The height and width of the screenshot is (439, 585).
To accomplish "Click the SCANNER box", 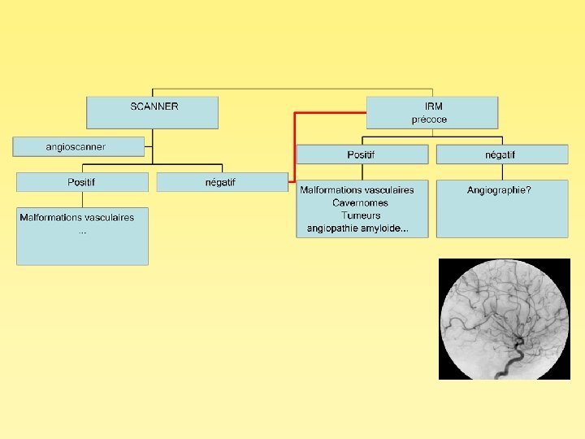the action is coord(153,112).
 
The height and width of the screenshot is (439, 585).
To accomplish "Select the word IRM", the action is coord(433,106).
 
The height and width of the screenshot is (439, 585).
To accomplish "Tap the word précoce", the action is coord(429,120).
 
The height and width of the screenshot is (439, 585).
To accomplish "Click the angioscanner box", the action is coord(78,147).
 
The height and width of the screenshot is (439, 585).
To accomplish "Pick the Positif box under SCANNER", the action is coord(82,182).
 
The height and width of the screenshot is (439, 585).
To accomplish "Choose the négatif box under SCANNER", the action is coord(221,182).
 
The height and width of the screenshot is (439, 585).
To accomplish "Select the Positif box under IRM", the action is coord(362,154).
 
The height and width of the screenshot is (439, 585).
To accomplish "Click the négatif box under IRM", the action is coord(501,154).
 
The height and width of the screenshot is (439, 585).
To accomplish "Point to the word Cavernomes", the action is coord(360,202).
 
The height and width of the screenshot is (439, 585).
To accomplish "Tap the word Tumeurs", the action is coord(361,215).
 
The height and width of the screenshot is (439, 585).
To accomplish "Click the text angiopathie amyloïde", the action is coord(357,228).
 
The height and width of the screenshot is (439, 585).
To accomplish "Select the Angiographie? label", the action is coord(499,190).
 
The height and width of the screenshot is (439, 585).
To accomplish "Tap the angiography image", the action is coord(504,319).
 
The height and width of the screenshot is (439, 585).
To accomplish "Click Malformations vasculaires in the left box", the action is coord(77,218).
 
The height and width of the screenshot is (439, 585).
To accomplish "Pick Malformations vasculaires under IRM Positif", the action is coord(357,190).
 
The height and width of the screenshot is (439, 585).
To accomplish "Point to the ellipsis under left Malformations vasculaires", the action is coord(82,232).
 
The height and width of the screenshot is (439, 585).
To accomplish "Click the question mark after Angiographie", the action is coord(529,190).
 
